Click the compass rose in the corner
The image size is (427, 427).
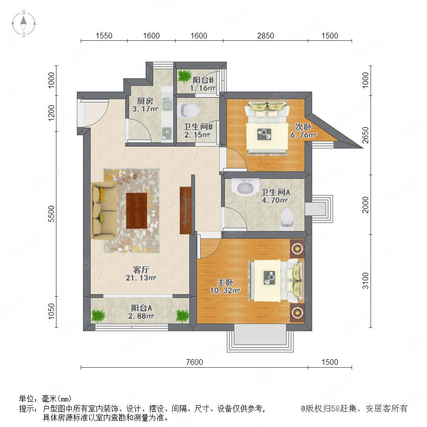(24, 23)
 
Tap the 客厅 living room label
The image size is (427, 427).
(141, 269)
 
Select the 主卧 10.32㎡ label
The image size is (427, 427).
(225, 286)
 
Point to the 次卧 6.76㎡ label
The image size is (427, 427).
(303, 131)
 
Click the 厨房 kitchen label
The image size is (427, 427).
(145, 101)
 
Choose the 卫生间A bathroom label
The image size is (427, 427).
(275, 192)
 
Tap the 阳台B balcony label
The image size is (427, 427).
(203, 80)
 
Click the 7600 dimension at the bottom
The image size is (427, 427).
(195, 362)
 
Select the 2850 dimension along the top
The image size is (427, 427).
(266, 36)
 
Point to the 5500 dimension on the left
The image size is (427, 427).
(51, 214)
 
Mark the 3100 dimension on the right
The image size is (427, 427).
(365, 281)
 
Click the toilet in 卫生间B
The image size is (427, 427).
(188, 110)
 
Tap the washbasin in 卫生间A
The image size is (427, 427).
(245, 187)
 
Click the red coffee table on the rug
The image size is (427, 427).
(137, 211)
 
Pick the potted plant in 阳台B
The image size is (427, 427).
(185, 76)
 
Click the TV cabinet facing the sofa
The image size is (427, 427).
(186, 210)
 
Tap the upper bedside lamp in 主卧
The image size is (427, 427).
(297, 248)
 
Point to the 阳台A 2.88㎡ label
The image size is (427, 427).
(141, 312)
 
